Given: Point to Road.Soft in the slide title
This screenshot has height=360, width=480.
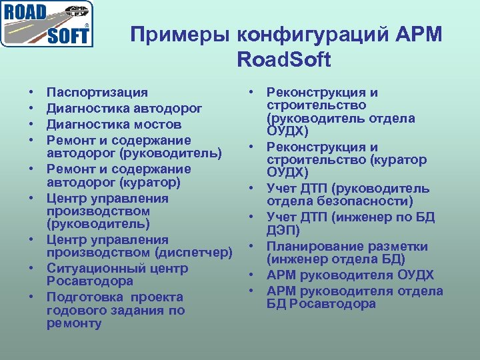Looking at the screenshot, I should [x=283, y=60].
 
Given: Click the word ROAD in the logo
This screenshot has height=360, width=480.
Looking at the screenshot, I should [x=26, y=13].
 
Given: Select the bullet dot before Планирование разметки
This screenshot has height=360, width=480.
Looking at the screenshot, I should [x=254, y=247].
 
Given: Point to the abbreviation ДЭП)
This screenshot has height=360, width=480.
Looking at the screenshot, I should [x=283, y=231].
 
